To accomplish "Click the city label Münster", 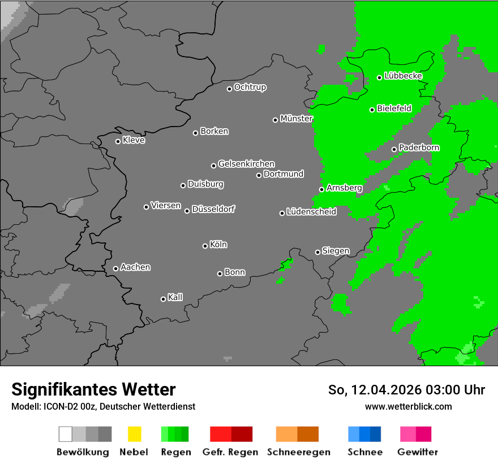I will pyautogui.click(x=297, y=119).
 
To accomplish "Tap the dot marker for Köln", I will pyautogui.click(x=205, y=246).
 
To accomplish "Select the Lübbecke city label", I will pyautogui.click(x=403, y=76).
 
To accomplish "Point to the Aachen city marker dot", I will pyautogui.click(x=115, y=268).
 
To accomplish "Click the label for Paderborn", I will pyautogui.click(x=419, y=147).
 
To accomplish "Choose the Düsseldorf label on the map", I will pyautogui.click(x=213, y=209).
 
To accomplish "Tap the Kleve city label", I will pyautogui.click(x=134, y=140).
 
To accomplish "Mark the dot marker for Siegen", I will pyautogui.click(x=317, y=252).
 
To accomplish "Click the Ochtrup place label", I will pyautogui.click(x=250, y=88).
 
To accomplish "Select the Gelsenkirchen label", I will pyautogui.click(x=246, y=164).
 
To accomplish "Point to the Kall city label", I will pyautogui.click(x=175, y=297).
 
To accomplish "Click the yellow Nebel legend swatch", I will pyautogui.click(x=134, y=434).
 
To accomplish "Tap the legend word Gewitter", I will pyautogui.click(x=418, y=452).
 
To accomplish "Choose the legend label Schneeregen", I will pyautogui.click(x=299, y=452).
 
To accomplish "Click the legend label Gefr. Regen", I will pyautogui.click(x=230, y=452).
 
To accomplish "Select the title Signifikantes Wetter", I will pyautogui.click(x=93, y=389).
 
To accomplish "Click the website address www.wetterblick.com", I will pyautogui.click(x=409, y=406).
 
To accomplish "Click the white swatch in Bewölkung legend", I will pyautogui.click(x=65, y=434).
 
